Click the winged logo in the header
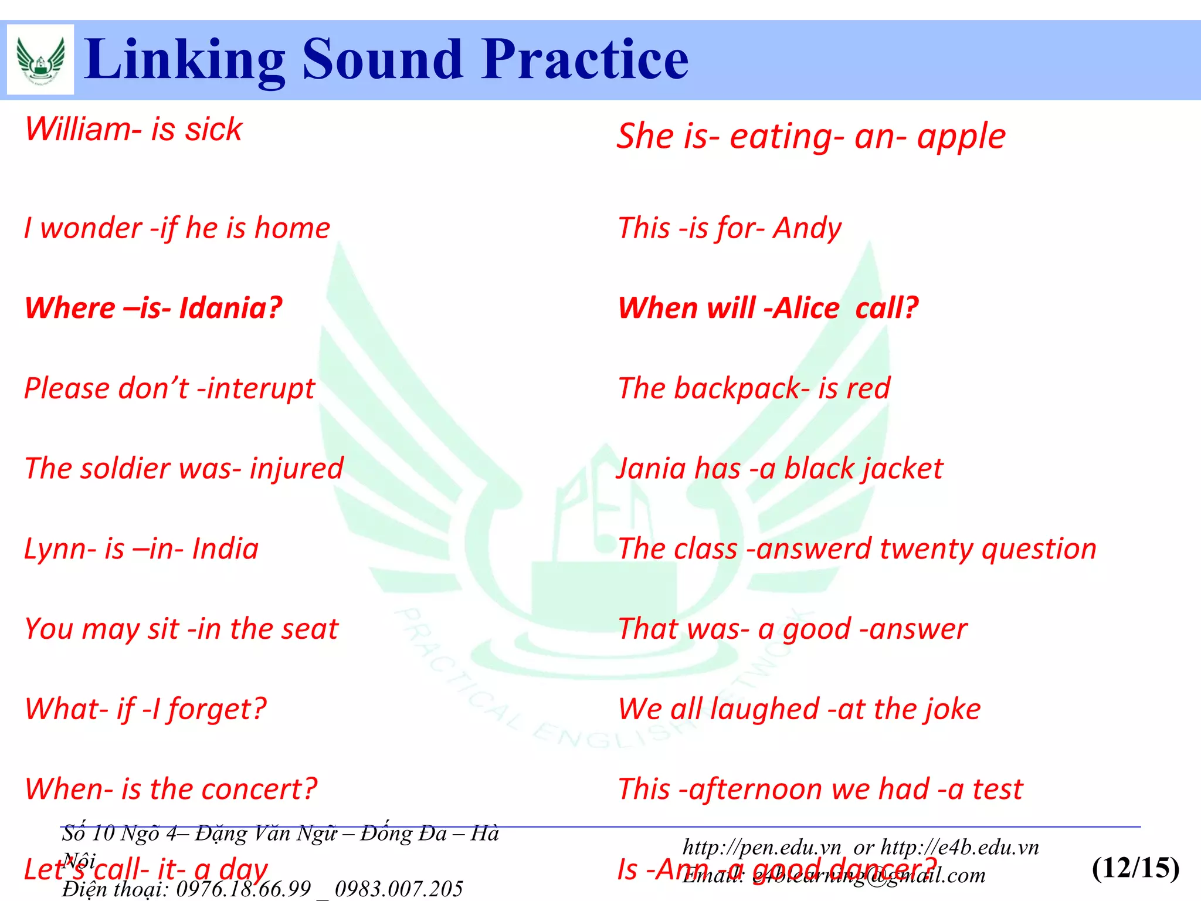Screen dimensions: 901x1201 click(40, 59)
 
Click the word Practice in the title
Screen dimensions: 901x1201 click(585, 59)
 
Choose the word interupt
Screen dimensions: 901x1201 click(262, 389)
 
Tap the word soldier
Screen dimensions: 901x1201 click(125, 469)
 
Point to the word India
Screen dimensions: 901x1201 click(225, 549)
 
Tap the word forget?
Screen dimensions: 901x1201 click(216, 710)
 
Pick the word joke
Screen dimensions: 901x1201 click(953, 709)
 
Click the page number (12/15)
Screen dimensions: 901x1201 click(1135, 868)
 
